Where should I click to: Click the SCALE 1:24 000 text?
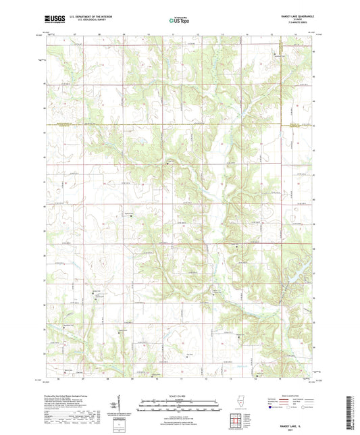180,396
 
